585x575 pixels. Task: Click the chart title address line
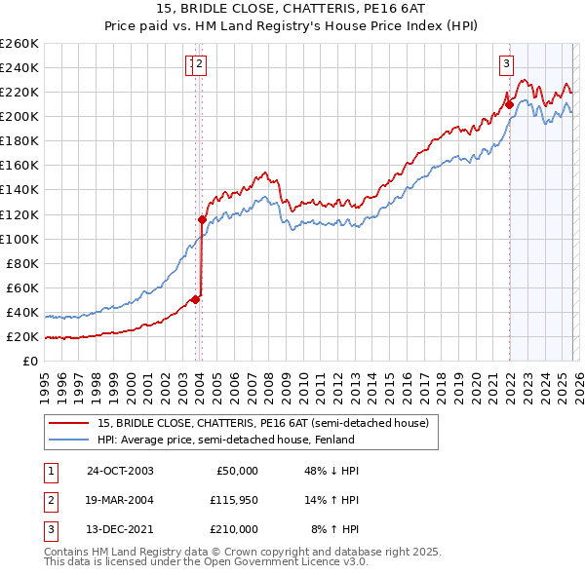tap(292, 9)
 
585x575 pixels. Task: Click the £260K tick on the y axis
tap(19, 44)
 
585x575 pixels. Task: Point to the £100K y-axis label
tap(19, 239)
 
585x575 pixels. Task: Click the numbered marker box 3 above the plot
tap(507, 65)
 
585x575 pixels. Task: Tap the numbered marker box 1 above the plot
tap(191, 65)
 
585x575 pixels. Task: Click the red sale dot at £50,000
tap(196, 299)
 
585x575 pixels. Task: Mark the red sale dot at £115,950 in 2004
tap(203, 219)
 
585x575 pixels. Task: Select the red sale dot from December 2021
tap(509, 104)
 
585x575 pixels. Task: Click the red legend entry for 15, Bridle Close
tap(263, 422)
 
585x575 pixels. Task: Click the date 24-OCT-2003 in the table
tap(120, 471)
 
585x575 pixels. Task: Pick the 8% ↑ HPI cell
tap(334, 529)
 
